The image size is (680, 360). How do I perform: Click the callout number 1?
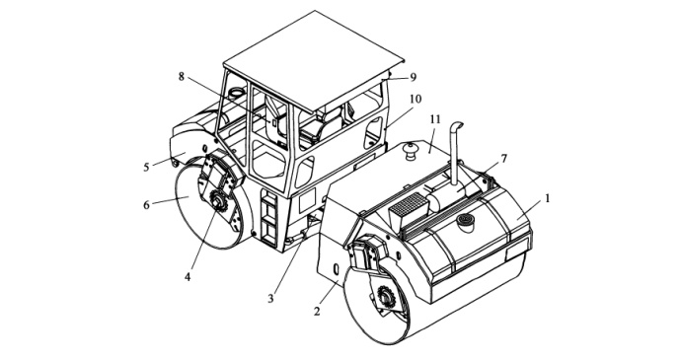pyautogui.click(x=548, y=198)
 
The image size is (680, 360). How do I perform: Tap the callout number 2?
pyautogui.click(x=317, y=311)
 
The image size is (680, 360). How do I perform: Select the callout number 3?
pyautogui.click(x=270, y=299)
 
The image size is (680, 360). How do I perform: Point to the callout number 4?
pyautogui.click(x=188, y=276)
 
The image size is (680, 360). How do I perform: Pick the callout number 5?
pyautogui.click(x=147, y=167)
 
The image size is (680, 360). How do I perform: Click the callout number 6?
pyautogui.click(x=147, y=204)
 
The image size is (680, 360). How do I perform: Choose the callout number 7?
pyautogui.click(x=503, y=159)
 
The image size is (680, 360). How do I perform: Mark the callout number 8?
pyautogui.click(x=182, y=77)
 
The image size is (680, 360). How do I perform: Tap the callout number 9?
pyautogui.click(x=413, y=77)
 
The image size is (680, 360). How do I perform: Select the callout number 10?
pyautogui.click(x=416, y=100)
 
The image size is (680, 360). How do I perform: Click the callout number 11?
pyautogui.click(x=435, y=119)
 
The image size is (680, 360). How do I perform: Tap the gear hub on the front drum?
pyautogui.click(x=386, y=297)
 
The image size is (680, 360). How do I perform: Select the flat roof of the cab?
pyautogui.click(x=313, y=59)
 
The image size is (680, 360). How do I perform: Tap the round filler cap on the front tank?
pyautogui.click(x=465, y=221)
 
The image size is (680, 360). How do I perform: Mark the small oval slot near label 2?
pyautogui.click(x=336, y=269)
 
